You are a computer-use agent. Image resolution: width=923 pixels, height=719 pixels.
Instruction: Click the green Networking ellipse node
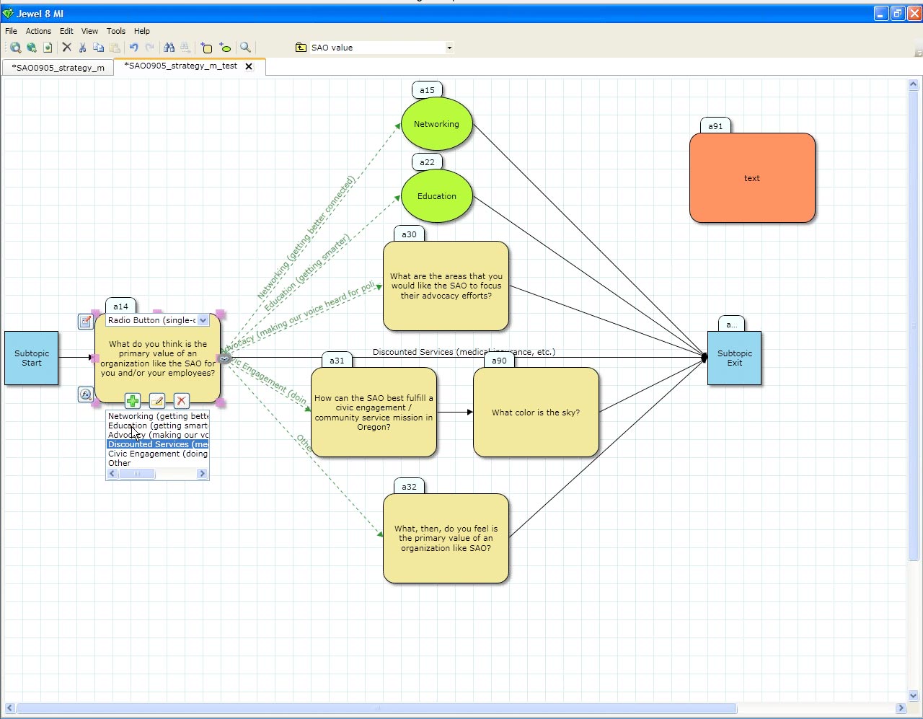[436, 124]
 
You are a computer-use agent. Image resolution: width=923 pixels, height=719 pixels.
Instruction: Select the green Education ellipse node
[436, 196]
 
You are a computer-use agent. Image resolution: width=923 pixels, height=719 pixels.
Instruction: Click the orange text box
[752, 178]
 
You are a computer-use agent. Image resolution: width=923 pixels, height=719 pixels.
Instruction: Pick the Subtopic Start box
[32, 358]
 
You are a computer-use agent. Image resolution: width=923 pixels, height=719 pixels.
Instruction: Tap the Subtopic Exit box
[734, 358]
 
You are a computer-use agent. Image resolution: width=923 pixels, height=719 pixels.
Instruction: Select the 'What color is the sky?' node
[536, 413]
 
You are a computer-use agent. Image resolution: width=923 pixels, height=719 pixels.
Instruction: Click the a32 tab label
[409, 487]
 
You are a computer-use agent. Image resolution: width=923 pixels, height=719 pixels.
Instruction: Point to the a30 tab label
[409, 234]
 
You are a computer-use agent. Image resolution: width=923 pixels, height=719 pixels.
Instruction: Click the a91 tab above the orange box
[715, 126]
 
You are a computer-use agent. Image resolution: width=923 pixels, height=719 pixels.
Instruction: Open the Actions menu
[38, 31]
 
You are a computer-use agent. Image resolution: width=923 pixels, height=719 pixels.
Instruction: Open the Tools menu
[116, 31]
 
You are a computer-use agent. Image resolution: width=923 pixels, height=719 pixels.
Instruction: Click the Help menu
[142, 31]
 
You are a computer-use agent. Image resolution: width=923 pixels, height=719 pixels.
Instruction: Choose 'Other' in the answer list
[120, 463]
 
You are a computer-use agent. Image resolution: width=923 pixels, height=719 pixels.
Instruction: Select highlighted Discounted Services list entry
[157, 444]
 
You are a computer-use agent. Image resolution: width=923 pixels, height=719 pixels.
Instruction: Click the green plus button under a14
[133, 401]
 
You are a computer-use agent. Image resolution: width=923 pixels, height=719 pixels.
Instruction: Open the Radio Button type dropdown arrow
[203, 320]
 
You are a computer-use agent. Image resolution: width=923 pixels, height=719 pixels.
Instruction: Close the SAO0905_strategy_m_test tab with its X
[249, 66]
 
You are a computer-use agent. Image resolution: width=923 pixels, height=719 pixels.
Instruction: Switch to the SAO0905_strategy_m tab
[58, 68]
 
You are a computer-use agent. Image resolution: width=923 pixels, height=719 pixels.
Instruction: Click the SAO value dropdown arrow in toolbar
[449, 48]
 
